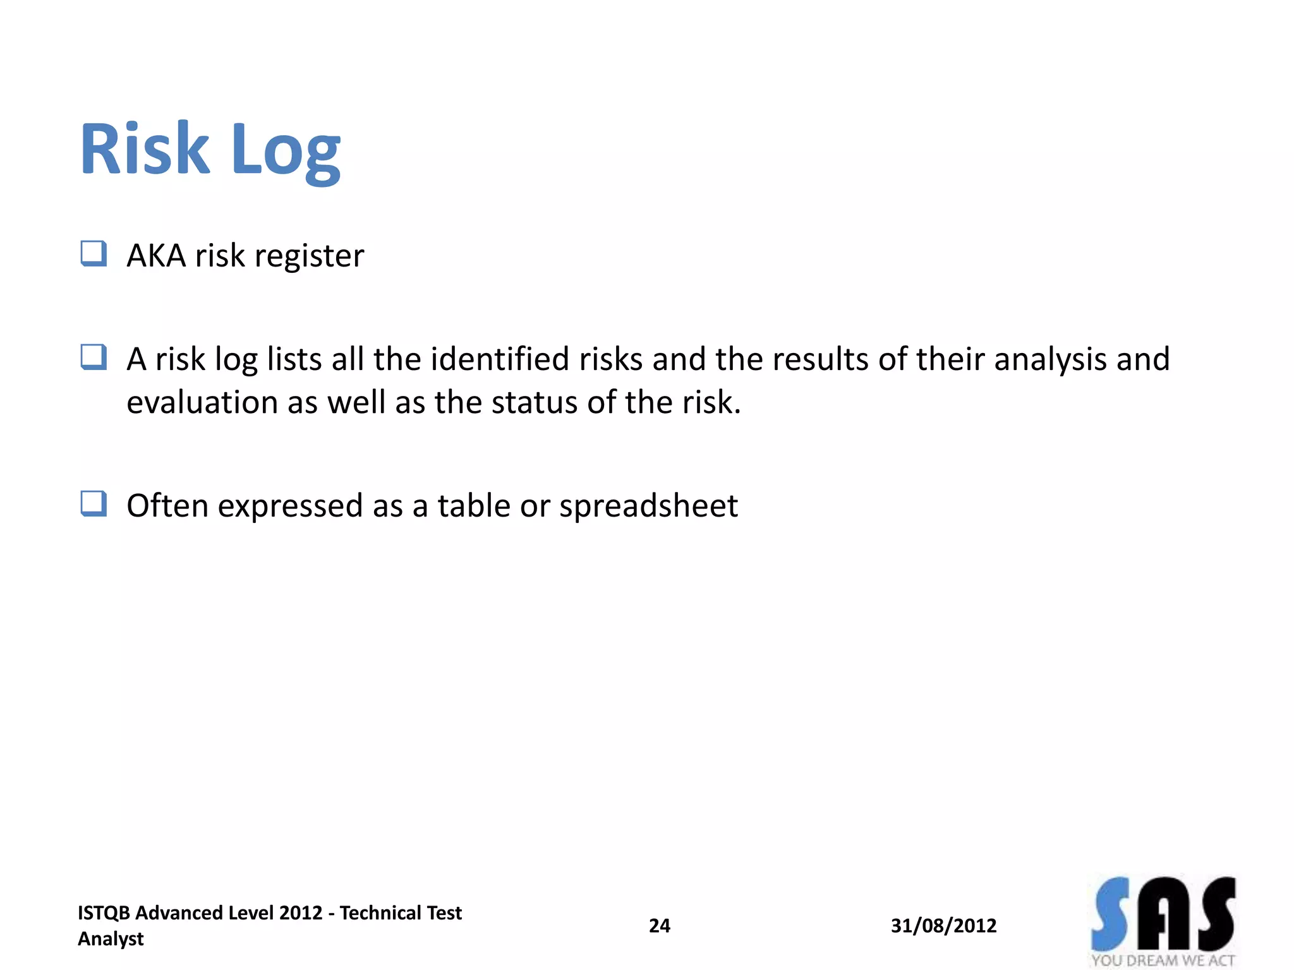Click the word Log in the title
(286, 152)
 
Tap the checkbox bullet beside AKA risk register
(94, 254)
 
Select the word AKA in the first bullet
(156, 256)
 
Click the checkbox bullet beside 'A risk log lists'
(94, 357)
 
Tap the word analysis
(1050, 360)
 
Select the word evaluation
(202, 402)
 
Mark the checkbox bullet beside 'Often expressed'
(94, 504)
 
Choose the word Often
(167, 505)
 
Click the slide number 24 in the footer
(660, 926)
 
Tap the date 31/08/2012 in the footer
(943, 926)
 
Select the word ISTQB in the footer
(104, 913)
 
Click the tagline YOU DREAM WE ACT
(1163, 961)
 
